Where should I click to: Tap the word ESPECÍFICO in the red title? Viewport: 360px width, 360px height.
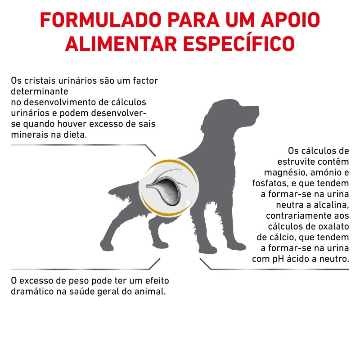[x=239, y=44]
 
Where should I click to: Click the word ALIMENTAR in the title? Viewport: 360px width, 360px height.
[x=121, y=44]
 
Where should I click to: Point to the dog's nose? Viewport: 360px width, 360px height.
[x=257, y=108]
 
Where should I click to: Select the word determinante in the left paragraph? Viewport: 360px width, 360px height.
[x=40, y=91]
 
